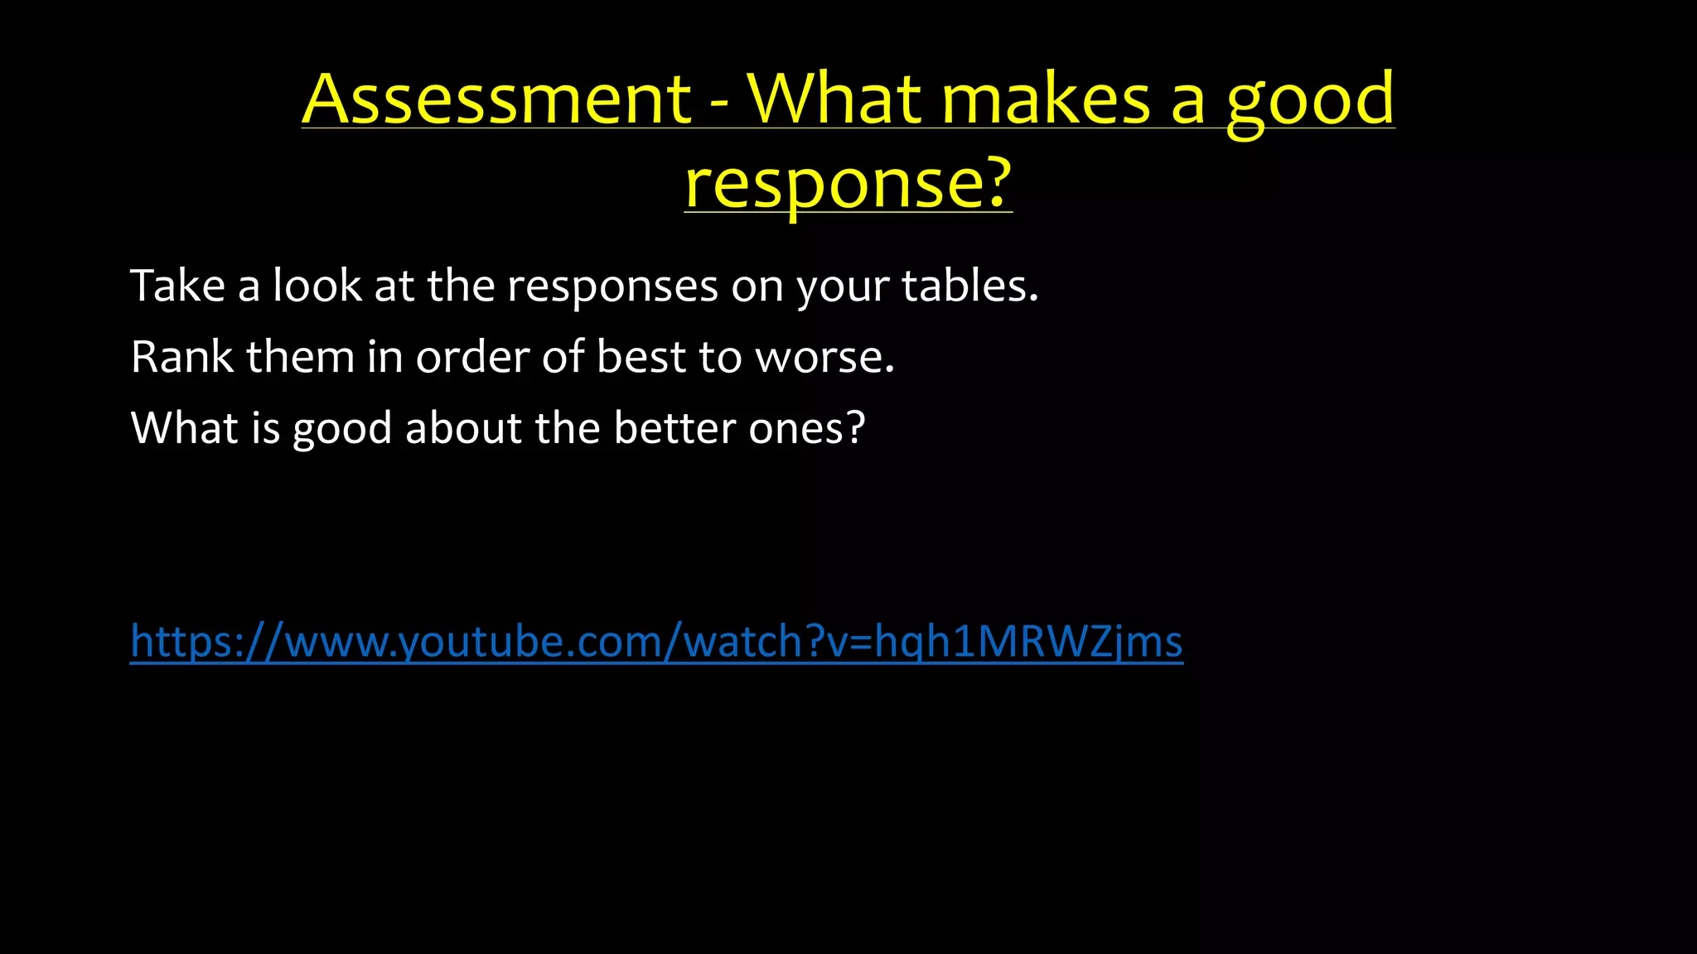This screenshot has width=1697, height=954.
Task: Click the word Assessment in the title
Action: tap(496, 99)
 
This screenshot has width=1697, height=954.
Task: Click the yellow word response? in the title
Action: tap(848, 183)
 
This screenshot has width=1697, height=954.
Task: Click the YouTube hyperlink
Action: tap(656, 642)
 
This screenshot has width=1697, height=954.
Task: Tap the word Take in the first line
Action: tap(177, 286)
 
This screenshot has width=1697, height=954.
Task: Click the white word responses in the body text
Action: tap(612, 287)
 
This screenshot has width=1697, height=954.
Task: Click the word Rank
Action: tap(182, 357)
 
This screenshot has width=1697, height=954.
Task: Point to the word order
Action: tap(472, 357)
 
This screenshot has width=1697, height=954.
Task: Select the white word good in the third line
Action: tap(341, 430)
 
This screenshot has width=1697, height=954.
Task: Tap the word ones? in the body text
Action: tap(806, 428)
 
